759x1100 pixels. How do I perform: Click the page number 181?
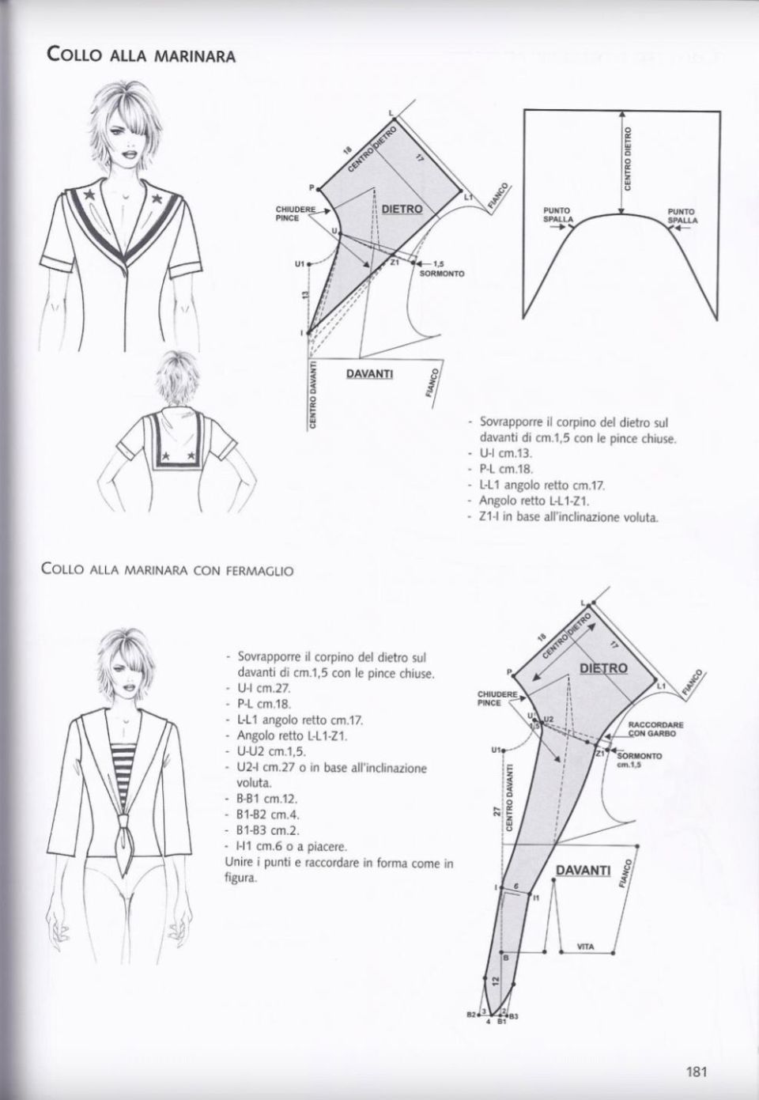pos(696,1072)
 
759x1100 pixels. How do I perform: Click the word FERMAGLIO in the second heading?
pos(261,569)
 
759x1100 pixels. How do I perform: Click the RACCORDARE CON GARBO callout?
pos(655,728)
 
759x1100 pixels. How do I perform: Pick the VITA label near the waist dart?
pos(585,947)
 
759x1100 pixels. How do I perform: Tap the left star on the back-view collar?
pos(168,456)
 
